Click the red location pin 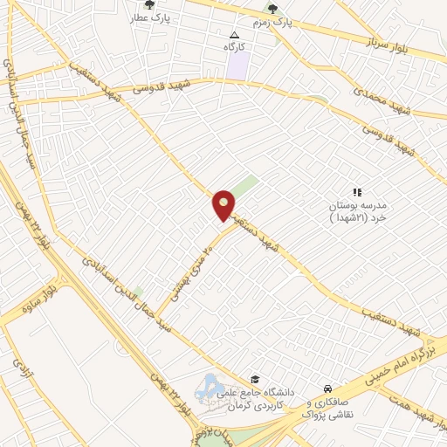click(x=223, y=205)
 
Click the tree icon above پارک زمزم click(x=272, y=9)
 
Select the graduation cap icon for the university click(x=255, y=380)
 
